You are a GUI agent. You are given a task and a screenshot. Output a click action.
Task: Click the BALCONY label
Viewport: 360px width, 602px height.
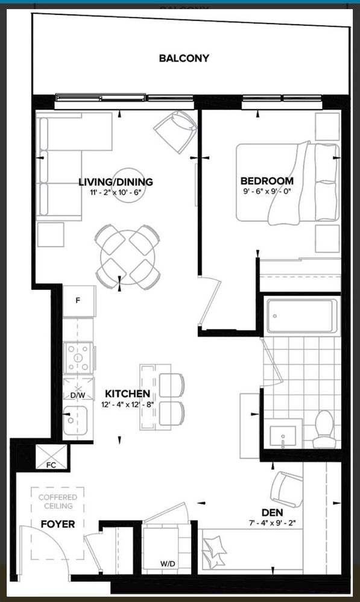(184, 58)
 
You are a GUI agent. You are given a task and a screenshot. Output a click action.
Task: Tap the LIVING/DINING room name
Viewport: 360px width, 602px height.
(116, 181)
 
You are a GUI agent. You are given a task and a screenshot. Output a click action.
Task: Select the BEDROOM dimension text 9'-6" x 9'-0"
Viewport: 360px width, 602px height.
(267, 191)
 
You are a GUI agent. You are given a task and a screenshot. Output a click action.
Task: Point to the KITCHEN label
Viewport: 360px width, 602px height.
(128, 393)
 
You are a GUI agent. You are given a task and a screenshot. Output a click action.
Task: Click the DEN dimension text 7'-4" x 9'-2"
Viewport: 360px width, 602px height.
(272, 522)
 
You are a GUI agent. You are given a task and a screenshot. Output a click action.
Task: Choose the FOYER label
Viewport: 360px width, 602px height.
(58, 524)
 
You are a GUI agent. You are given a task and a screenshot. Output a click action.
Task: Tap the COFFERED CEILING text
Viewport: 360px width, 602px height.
(58, 501)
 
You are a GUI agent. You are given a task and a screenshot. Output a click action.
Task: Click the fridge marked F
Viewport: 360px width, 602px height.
(79, 301)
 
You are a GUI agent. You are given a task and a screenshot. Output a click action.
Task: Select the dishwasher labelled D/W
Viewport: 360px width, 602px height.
(78, 389)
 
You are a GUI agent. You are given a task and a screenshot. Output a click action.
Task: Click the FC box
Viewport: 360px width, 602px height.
(51, 457)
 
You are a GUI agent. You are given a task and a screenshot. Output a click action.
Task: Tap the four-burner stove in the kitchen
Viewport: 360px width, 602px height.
(79, 358)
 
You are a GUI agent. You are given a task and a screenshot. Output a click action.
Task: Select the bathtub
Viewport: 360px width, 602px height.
(302, 316)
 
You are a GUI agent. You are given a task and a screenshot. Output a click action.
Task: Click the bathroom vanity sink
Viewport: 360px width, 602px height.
(283, 436)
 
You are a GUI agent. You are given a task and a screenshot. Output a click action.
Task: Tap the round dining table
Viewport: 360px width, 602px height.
(128, 257)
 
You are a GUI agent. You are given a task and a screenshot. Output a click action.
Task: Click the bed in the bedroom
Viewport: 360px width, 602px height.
(288, 182)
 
